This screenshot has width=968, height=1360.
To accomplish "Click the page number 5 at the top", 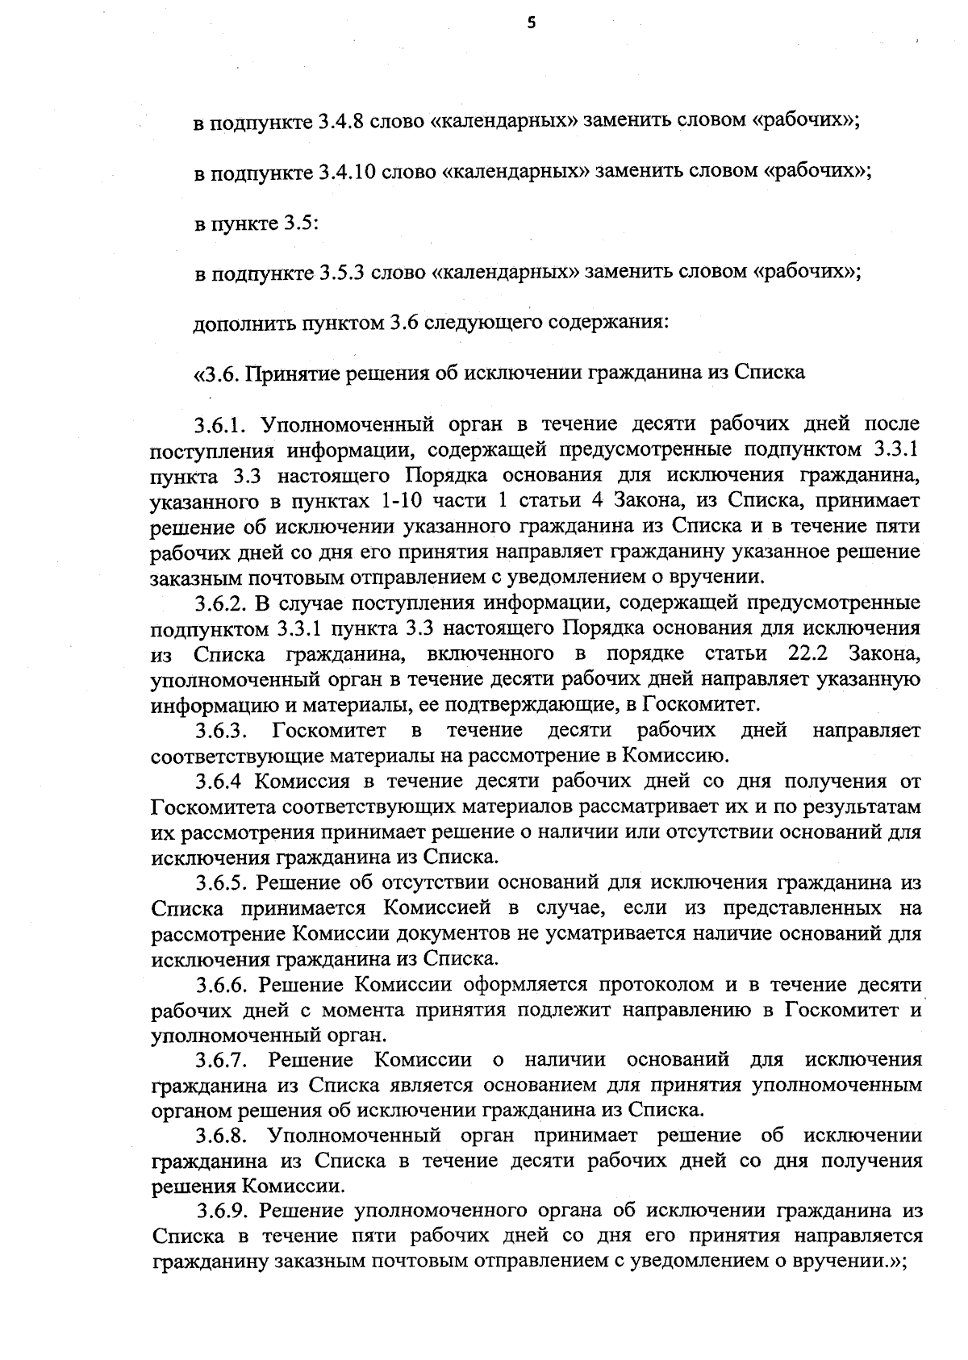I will pyautogui.click(x=530, y=23).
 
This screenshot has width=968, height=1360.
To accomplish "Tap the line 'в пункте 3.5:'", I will pyautogui.click(x=256, y=223).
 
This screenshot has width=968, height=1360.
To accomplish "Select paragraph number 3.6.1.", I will pyautogui.click(x=224, y=424).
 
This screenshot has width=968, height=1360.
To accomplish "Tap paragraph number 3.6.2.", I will pyautogui.click(x=224, y=602).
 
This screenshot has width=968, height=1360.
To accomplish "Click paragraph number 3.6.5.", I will pyautogui.click(x=224, y=882).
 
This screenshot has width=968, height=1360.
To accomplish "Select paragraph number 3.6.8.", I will pyautogui.click(x=224, y=1136).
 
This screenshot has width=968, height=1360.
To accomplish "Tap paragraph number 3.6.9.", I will pyautogui.click(x=226, y=1211).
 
